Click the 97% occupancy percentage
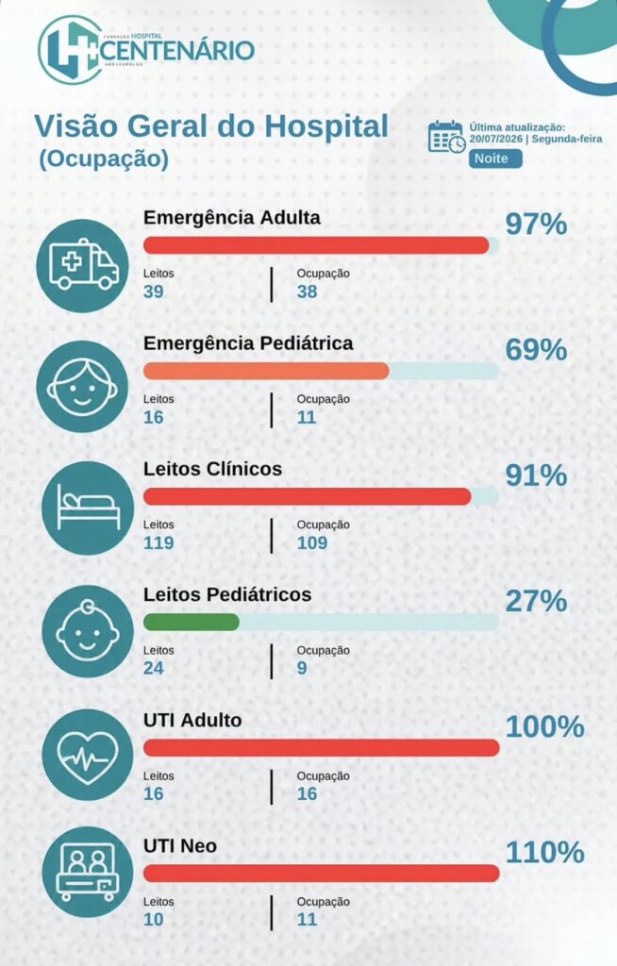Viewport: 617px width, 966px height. (536, 224)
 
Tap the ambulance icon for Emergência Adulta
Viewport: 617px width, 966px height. (83, 265)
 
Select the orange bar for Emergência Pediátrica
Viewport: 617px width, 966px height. (266, 371)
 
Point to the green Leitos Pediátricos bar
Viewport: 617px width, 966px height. (192, 623)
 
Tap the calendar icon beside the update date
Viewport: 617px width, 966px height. (447, 137)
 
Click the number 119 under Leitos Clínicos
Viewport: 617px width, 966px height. (158, 542)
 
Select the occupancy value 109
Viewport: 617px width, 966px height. (312, 542)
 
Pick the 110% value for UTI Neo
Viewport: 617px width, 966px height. (545, 852)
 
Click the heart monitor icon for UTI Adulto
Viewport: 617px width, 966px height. (88, 756)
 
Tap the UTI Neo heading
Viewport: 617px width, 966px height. (180, 846)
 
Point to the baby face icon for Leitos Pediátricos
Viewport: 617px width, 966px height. (88, 631)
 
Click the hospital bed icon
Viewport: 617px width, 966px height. (88, 508)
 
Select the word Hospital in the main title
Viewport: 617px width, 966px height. (326, 125)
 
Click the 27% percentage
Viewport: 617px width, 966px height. (536, 601)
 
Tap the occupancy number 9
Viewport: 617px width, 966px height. (302, 669)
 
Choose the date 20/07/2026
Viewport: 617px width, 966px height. (495, 139)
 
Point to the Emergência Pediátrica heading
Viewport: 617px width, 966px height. (248, 343)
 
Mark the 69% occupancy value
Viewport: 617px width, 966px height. (536, 349)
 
